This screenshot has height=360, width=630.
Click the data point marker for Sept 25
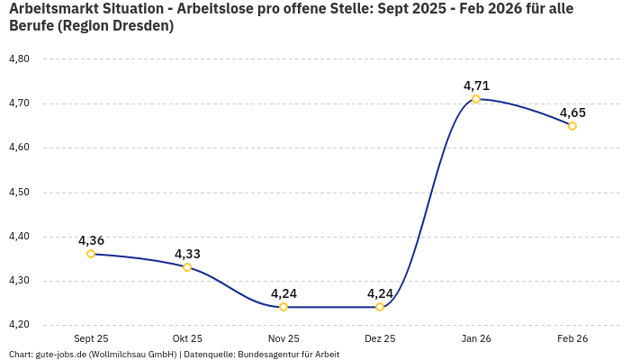[x=91, y=254]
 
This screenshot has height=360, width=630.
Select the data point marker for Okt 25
[x=187, y=267]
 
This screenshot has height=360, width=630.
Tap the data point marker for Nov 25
[x=283, y=307]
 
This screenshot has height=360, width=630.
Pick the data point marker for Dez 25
[x=380, y=307]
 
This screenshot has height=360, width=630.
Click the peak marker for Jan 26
[x=476, y=99]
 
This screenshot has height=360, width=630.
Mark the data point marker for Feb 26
[x=572, y=126]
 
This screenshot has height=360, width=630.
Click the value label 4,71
[x=476, y=85]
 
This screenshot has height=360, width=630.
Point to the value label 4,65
[x=572, y=112]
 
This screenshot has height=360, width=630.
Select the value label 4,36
[x=91, y=240]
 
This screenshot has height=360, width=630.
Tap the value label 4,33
[x=187, y=254]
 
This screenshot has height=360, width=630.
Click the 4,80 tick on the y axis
[x=19, y=59]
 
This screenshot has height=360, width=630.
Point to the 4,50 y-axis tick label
[x=19, y=193]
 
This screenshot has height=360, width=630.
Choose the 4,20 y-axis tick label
[x=19, y=325]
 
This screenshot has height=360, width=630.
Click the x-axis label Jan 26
[x=476, y=339]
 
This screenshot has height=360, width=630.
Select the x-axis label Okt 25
[x=187, y=339]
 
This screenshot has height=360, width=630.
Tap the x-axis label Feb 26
[x=572, y=339]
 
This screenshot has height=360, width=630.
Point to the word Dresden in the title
[x=142, y=26]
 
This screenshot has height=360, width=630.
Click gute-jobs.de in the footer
[x=60, y=355]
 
